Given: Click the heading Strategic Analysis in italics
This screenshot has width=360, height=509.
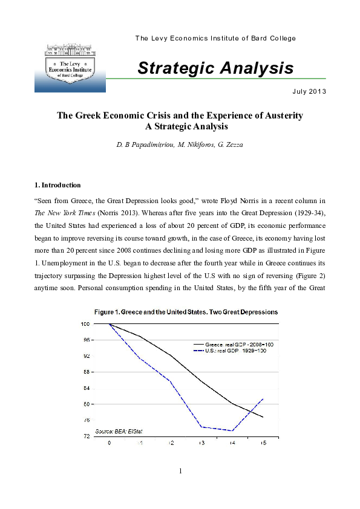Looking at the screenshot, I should click(x=215, y=68).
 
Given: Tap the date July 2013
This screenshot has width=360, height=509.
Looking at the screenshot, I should click(x=309, y=92).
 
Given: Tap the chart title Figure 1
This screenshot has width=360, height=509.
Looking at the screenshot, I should click(x=186, y=312).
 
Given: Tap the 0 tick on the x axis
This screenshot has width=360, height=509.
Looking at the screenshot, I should click(x=110, y=444).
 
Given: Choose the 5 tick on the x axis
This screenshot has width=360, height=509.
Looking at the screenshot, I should click(x=263, y=444).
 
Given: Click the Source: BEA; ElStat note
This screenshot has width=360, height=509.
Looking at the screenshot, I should click(x=123, y=430).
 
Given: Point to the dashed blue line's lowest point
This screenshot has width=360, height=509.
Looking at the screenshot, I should click(x=232, y=430).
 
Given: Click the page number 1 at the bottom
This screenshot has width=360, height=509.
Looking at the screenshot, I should click(x=180, y=471).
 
